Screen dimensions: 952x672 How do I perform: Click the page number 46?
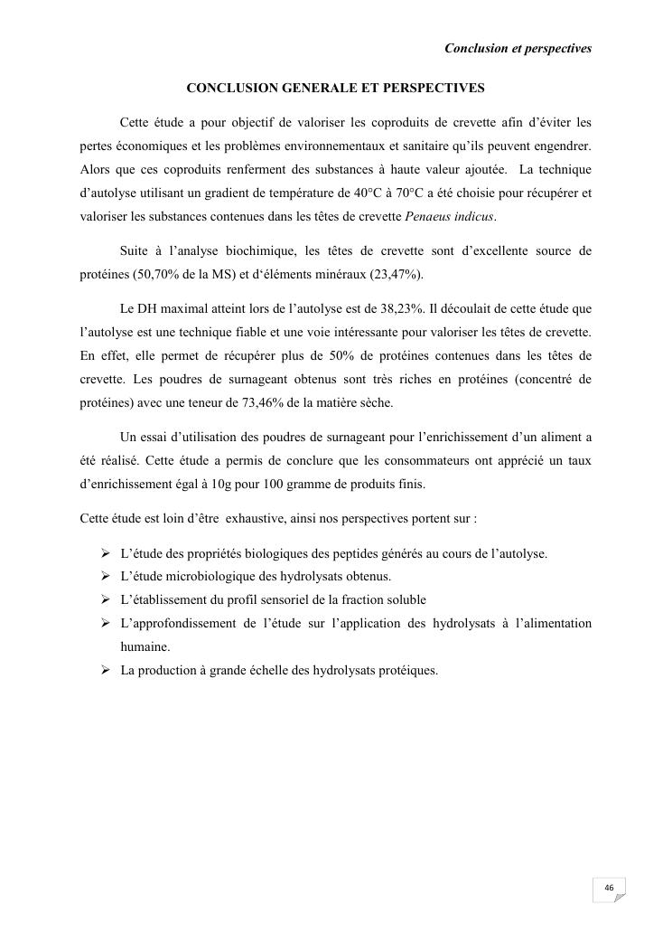coord(609,888)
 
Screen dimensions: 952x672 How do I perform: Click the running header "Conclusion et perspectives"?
coord(518,48)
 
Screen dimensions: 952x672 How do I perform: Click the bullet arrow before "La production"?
coord(106,671)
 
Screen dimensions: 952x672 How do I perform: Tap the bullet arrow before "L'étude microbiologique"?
coord(106,576)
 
